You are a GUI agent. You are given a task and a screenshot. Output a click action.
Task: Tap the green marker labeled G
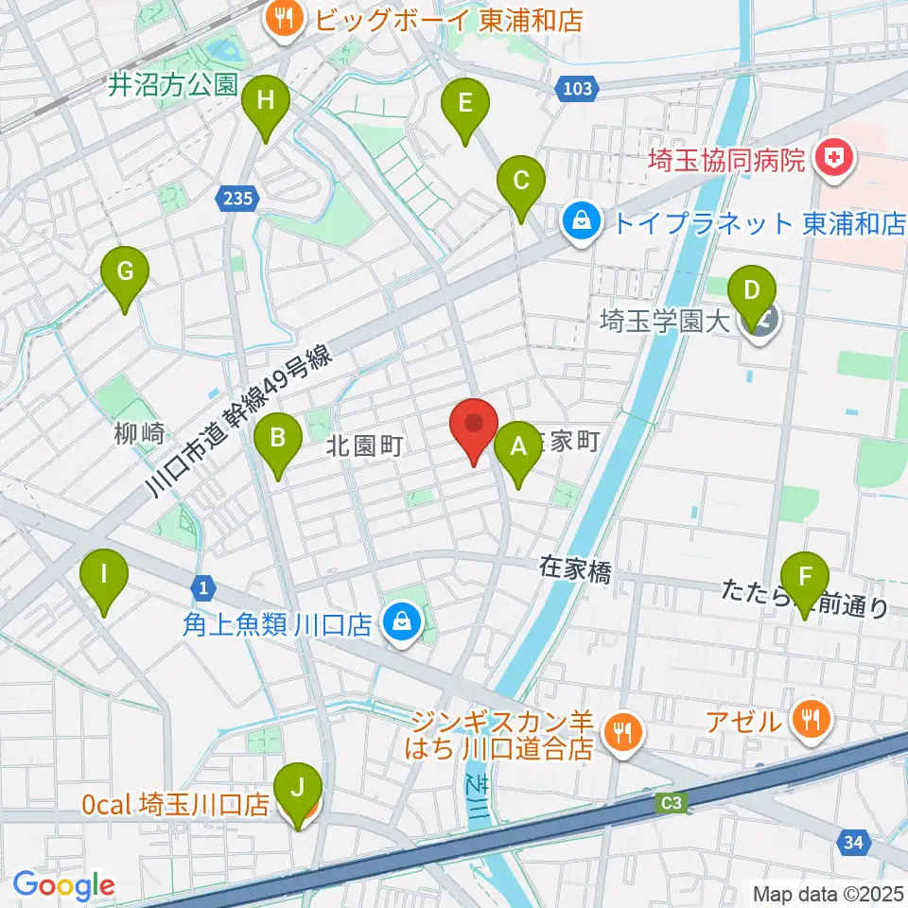[125, 274]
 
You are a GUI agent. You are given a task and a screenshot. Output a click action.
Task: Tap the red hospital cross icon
[834, 156]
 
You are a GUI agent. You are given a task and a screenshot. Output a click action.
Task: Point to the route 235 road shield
[237, 198]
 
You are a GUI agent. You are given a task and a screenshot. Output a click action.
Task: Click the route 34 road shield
[852, 839]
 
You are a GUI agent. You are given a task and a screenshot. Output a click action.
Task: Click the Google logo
[64, 885]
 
